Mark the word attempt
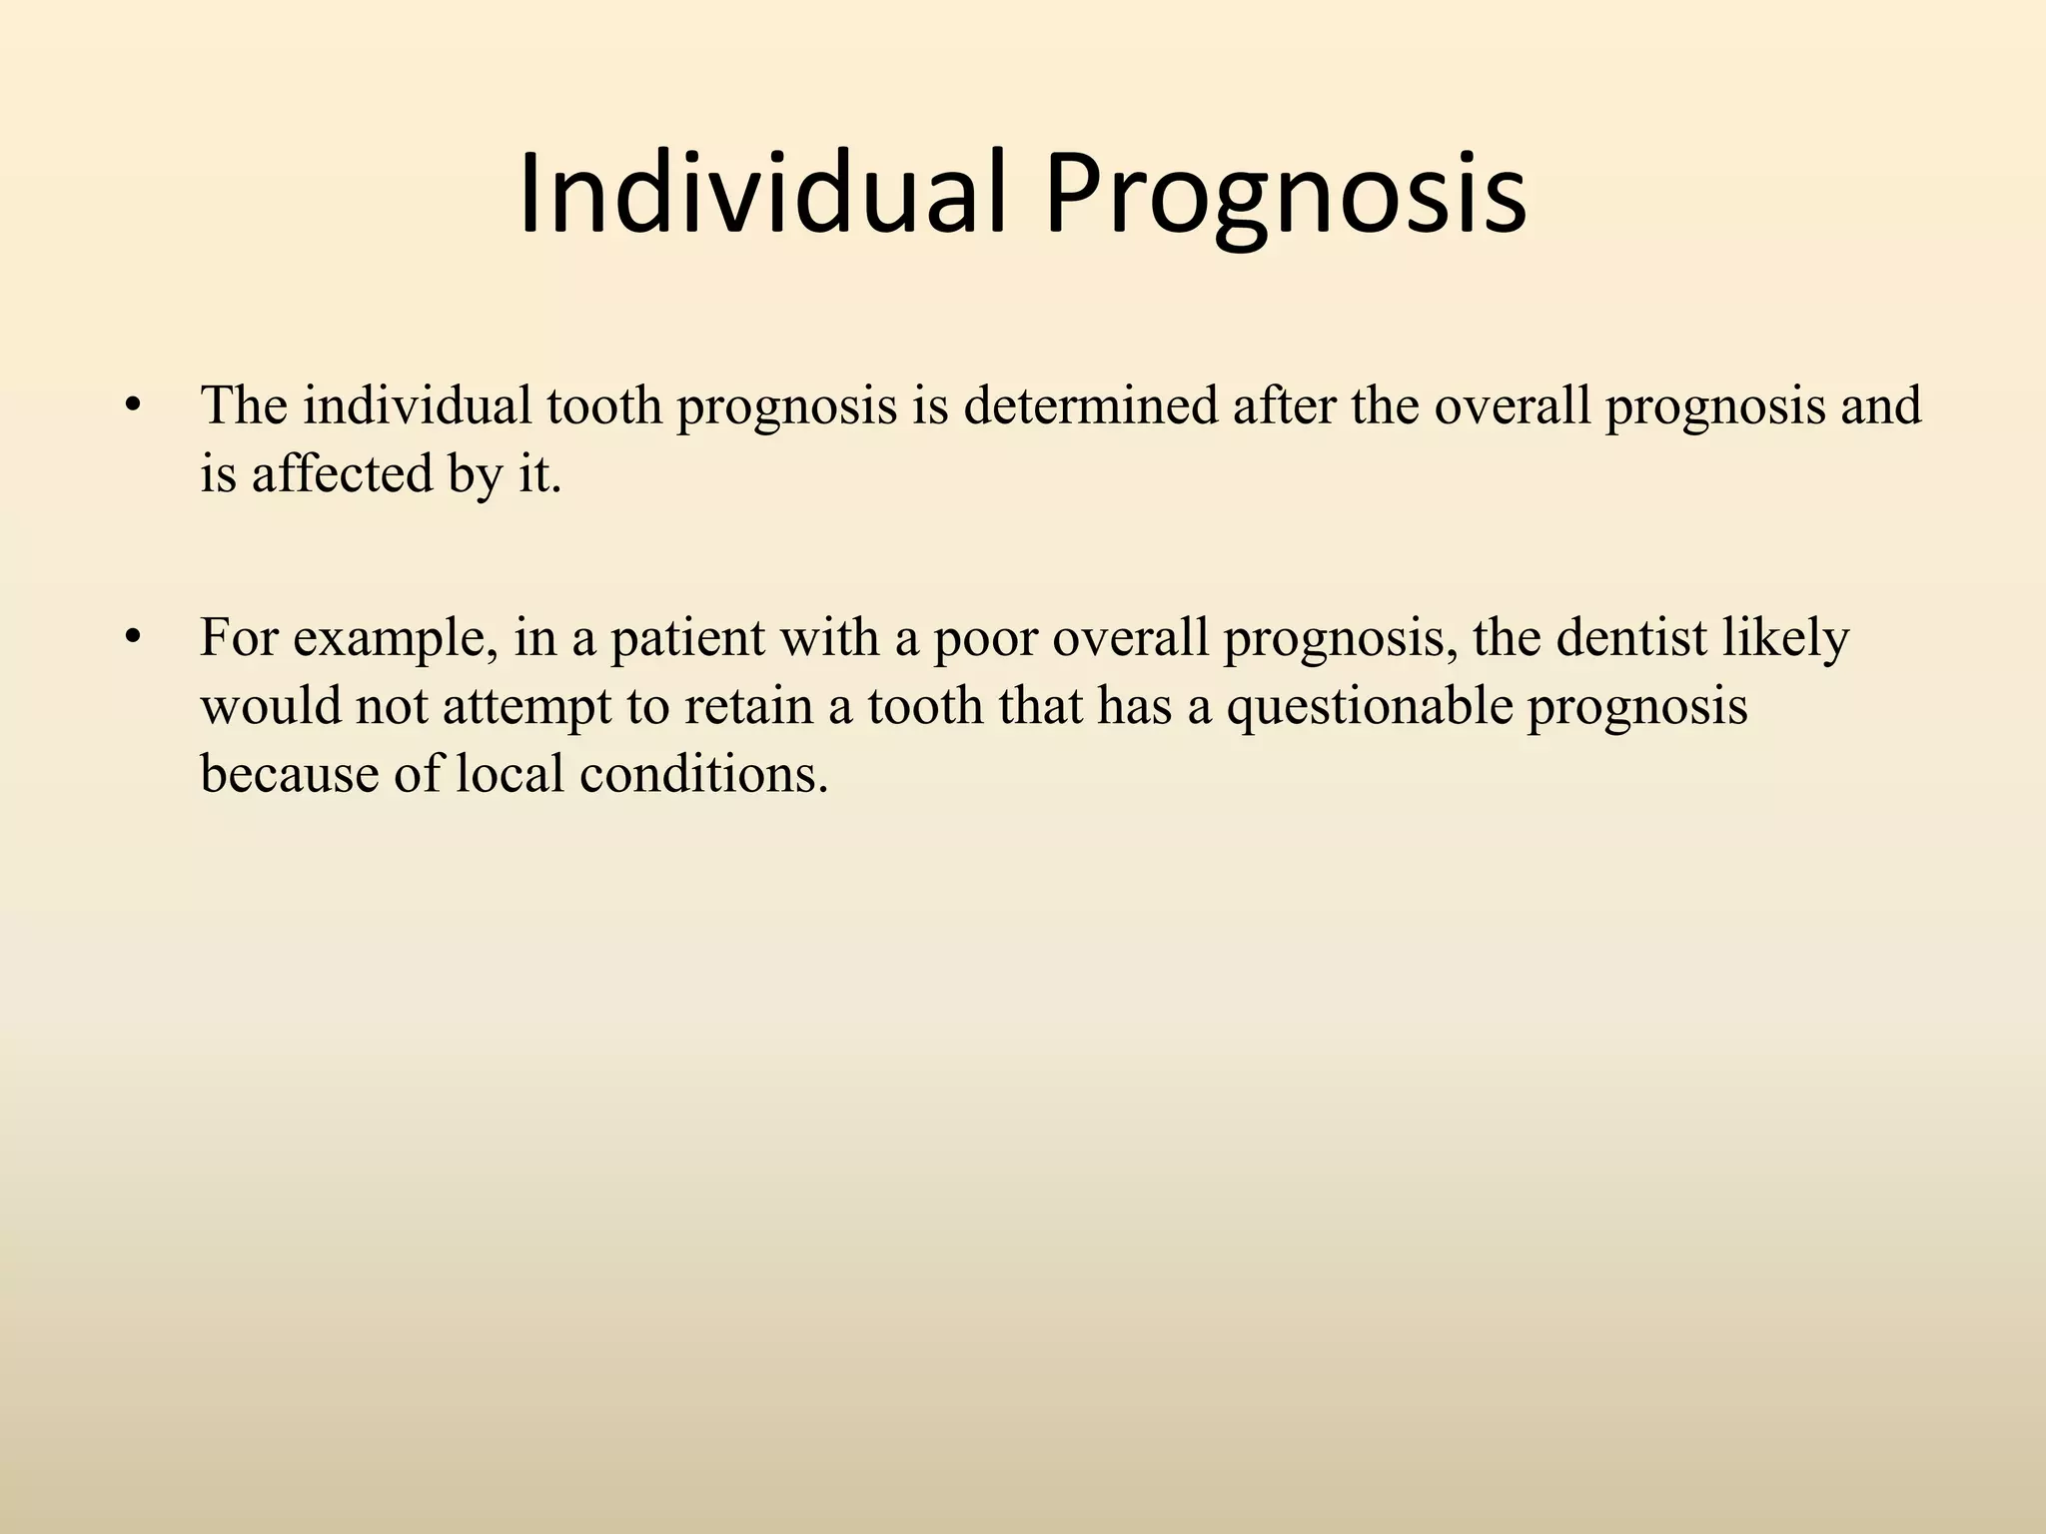(x=526, y=706)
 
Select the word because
(x=290, y=773)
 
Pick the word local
(x=510, y=773)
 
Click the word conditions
(x=704, y=773)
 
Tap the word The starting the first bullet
(x=244, y=406)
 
